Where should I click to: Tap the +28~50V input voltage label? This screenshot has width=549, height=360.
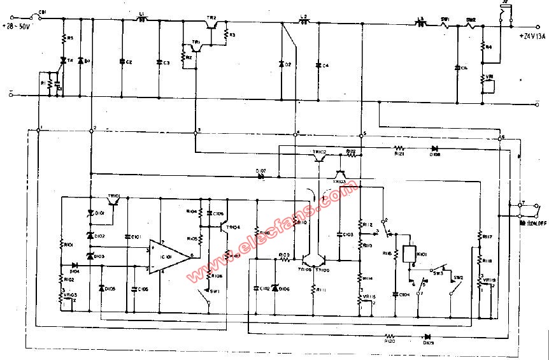coord(22,27)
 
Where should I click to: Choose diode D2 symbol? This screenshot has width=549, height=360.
coord(282,64)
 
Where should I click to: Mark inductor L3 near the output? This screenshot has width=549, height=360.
coord(420,24)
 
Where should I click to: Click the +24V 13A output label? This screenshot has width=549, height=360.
coord(532,36)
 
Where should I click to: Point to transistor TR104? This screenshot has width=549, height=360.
coord(222,226)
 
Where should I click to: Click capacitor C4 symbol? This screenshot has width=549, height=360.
coord(318,66)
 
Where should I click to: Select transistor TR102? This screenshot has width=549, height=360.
coord(318,158)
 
